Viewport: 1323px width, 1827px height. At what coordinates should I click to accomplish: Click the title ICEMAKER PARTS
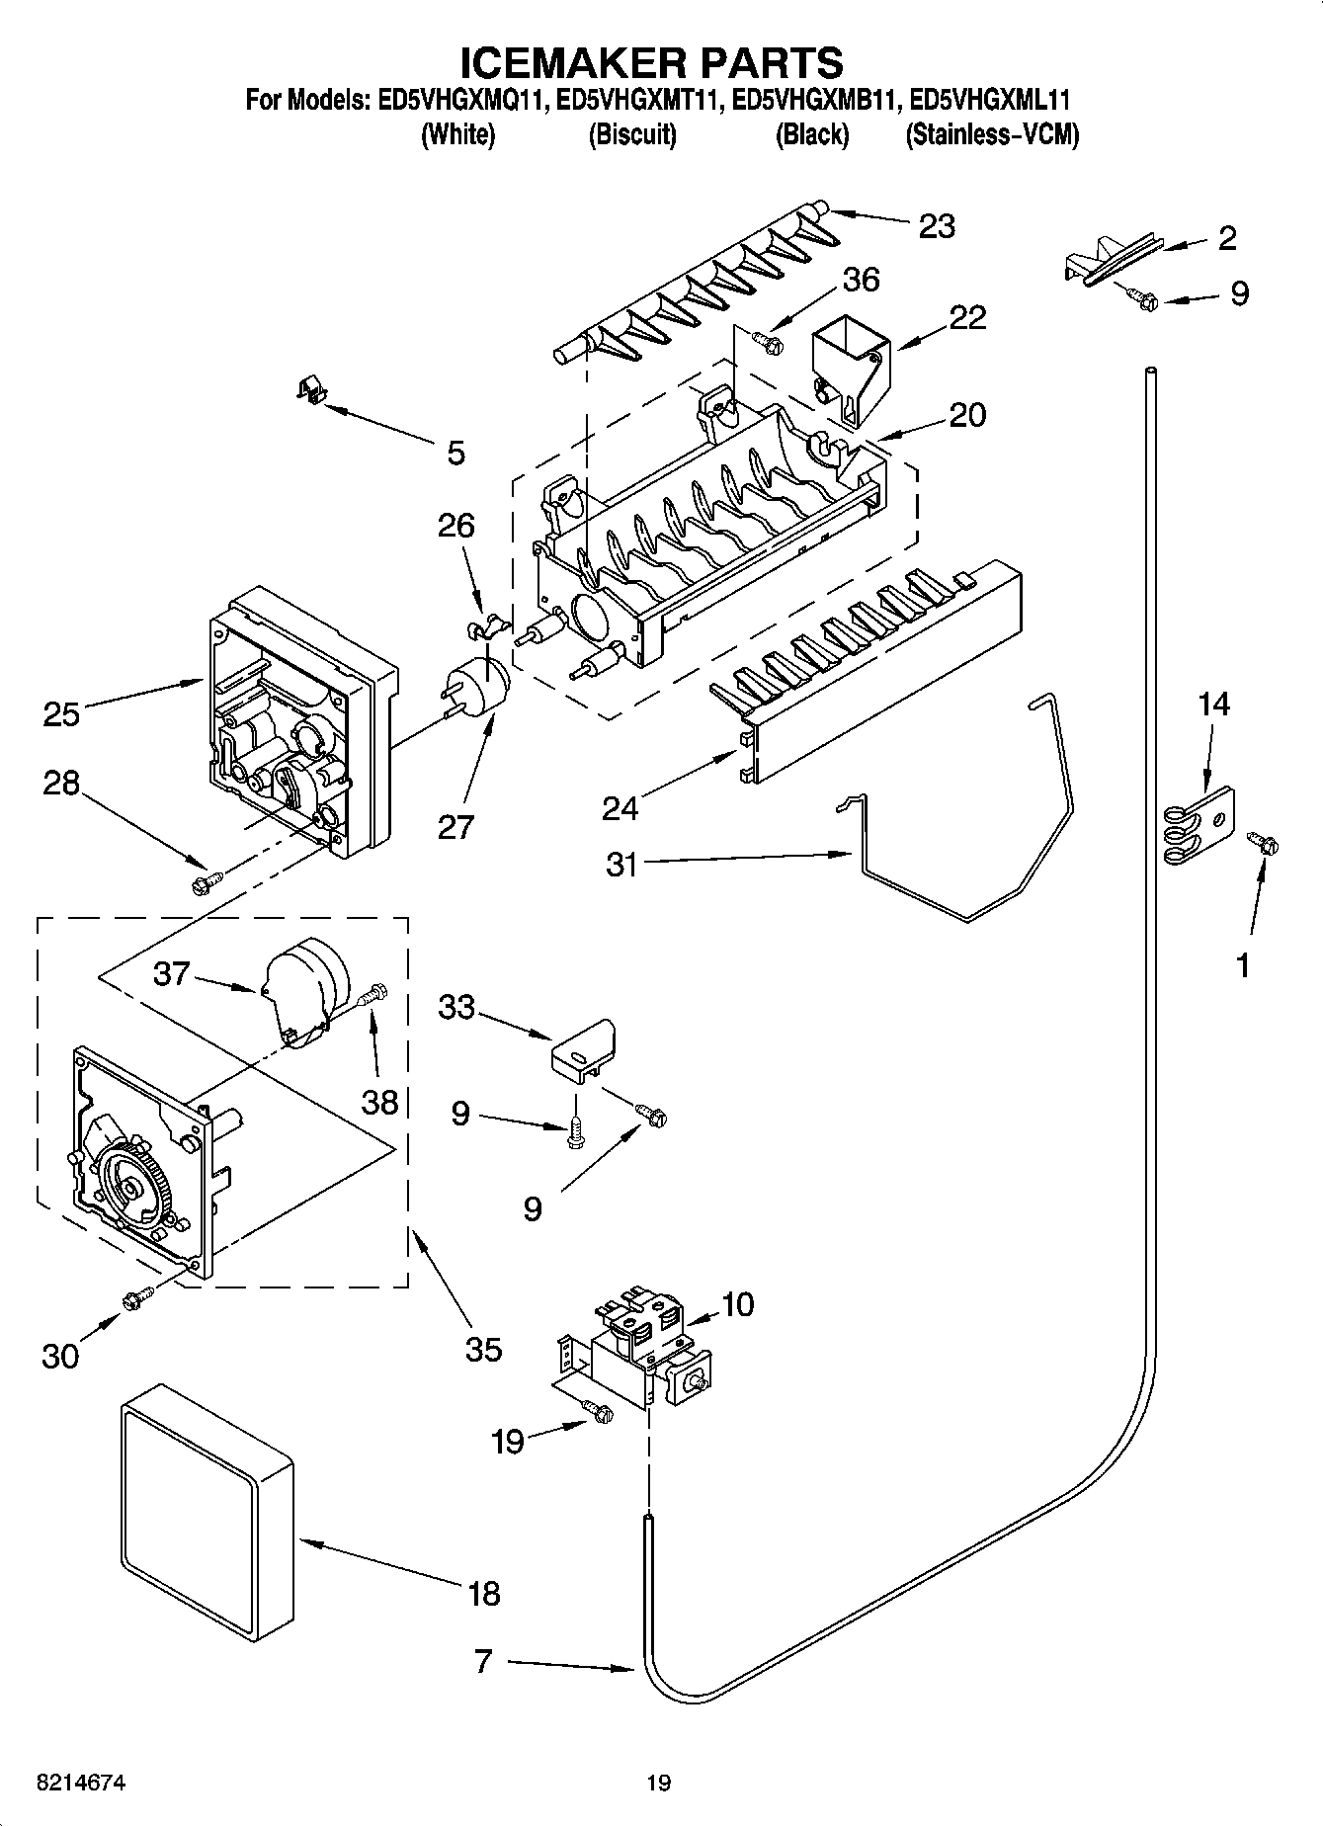tap(652, 61)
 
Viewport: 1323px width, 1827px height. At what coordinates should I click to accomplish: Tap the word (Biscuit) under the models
tap(632, 135)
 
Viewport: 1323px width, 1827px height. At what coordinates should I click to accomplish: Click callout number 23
tap(936, 226)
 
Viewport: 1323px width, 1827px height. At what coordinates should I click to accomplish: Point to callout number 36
tap(861, 280)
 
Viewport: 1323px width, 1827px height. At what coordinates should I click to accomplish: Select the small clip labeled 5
tap(311, 389)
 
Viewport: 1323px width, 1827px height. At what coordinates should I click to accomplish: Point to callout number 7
tap(482, 1661)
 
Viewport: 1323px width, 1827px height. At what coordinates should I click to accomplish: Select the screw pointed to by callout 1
tap(1264, 843)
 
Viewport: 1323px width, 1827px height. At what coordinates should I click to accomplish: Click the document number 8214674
tap(66, 1783)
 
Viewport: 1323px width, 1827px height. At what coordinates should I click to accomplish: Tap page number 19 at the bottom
tap(658, 1783)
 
